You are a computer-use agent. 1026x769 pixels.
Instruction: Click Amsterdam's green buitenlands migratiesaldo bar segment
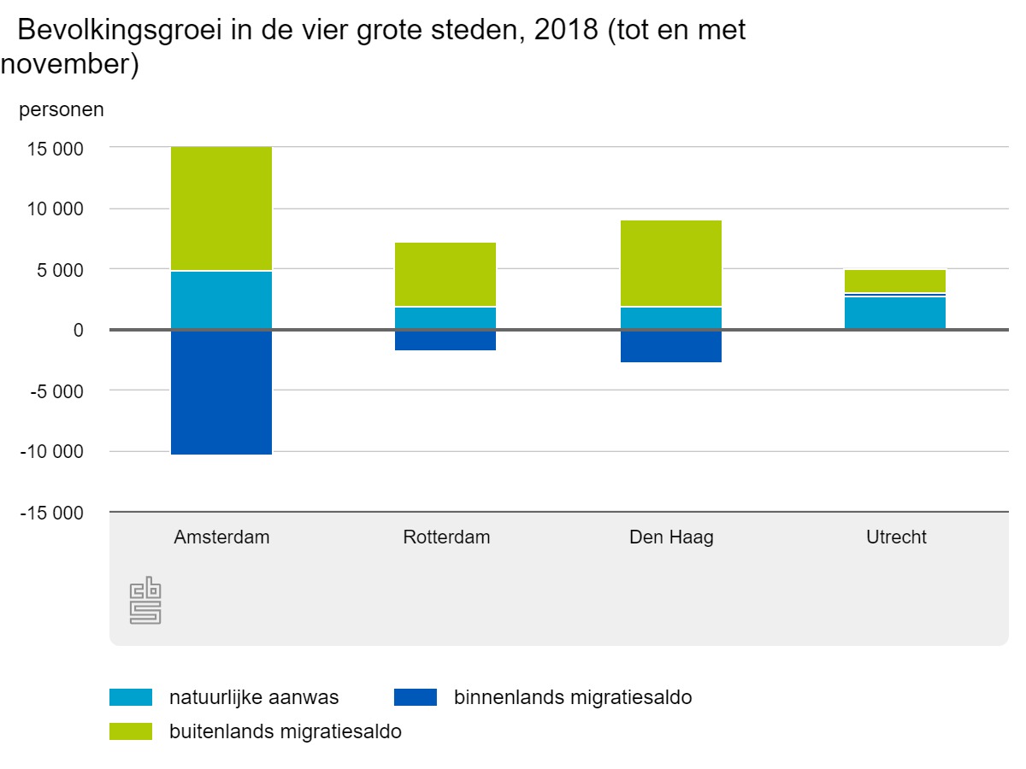pos(221,208)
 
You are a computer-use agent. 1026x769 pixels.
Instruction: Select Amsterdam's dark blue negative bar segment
pos(221,392)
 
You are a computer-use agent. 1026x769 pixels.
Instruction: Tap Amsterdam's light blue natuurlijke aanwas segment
pos(221,300)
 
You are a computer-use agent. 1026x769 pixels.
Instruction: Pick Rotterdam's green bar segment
pos(445,274)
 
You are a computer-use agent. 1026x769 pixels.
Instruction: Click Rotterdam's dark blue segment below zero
pos(445,340)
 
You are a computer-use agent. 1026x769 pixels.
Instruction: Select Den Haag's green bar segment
pos(671,263)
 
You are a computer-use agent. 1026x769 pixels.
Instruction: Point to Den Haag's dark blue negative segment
pos(671,346)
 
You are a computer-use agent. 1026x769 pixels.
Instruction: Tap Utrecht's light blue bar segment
pos(896,313)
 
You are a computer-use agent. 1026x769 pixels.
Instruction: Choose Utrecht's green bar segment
pos(896,281)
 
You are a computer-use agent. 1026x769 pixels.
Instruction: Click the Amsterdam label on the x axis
pos(221,537)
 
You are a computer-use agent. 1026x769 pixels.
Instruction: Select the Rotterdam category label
pos(446,537)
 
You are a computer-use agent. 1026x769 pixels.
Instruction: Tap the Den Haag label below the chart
pos(671,537)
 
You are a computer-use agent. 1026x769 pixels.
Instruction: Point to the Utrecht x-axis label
pos(896,537)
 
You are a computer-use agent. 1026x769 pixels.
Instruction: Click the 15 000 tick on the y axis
pos(55,149)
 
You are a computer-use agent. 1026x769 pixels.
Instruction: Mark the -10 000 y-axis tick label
pos(52,452)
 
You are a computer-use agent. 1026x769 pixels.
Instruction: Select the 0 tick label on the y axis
pos(78,331)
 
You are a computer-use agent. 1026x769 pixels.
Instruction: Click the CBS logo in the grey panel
pos(145,602)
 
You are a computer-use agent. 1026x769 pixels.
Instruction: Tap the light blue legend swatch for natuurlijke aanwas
pos(131,697)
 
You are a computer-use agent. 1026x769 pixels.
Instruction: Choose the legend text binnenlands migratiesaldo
pos(573,697)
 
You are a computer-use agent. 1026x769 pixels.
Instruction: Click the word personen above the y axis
pos(62,109)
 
